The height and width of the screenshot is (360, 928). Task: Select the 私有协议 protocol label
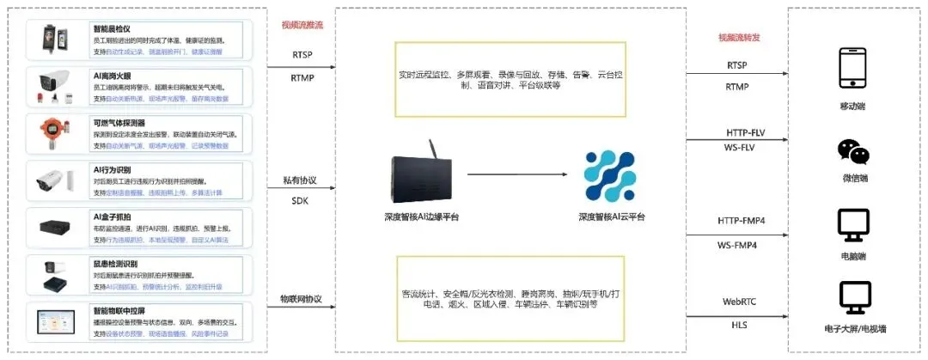[300, 181]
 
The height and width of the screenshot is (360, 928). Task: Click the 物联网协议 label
[301, 299]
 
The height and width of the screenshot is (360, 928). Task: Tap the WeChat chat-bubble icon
[854, 153]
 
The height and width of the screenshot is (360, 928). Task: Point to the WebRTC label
[740, 302]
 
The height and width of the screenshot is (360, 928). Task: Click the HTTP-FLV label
[742, 134]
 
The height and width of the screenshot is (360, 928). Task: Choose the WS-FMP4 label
[742, 247]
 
